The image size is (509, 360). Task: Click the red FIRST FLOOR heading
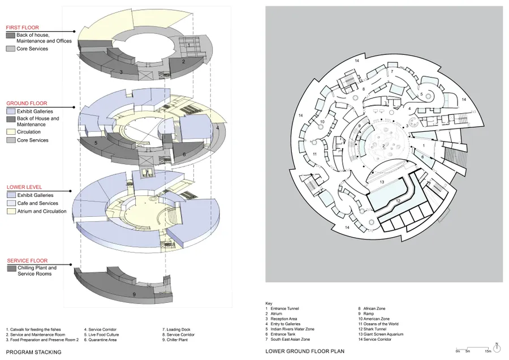(x=23, y=27)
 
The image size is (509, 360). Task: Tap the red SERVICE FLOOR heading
(x=25, y=260)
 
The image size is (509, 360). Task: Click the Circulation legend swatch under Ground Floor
(x=11, y=132)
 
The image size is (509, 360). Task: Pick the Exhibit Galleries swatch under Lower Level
(x=11, y=195)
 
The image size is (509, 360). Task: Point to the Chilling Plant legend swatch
(x=11, y=268)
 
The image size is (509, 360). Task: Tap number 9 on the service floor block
(x=133, y=294)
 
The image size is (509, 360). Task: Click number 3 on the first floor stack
(x=121, y=72)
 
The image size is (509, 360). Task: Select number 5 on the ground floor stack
(x=96, y=144)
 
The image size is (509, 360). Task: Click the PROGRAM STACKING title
(x=33, y=352)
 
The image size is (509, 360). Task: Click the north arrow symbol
(x=496, y=345)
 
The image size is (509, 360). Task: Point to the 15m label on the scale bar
(x=487, y=352)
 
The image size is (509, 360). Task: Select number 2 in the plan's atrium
(x=384, y=146)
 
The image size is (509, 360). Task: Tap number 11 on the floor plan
(x=315, y=154)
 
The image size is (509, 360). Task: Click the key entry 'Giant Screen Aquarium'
(x=379, y=334)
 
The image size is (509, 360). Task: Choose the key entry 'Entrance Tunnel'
(x=283, y=308)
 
